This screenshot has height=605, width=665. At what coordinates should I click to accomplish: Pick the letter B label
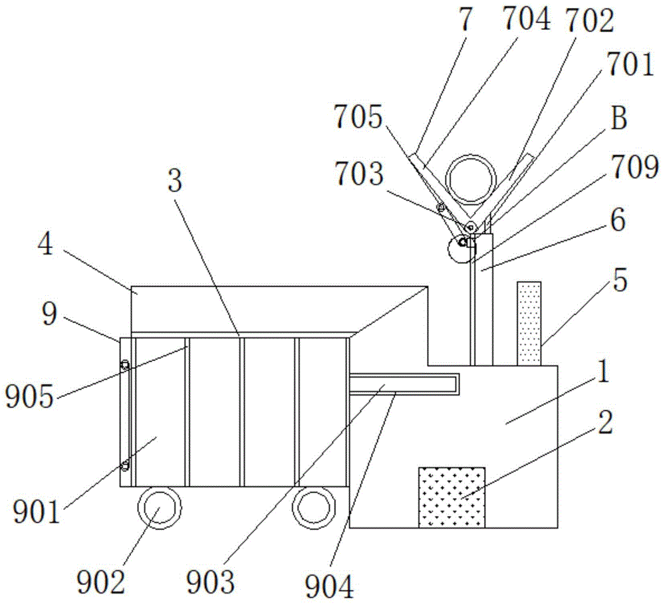618,120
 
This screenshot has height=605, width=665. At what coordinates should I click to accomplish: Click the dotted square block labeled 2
451,497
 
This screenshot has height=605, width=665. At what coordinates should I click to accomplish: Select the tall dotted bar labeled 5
529,323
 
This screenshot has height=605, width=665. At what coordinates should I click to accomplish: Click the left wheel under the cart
159,509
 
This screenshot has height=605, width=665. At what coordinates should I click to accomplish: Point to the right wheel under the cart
313,509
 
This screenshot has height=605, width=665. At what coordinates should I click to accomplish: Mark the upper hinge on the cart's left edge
124,364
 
